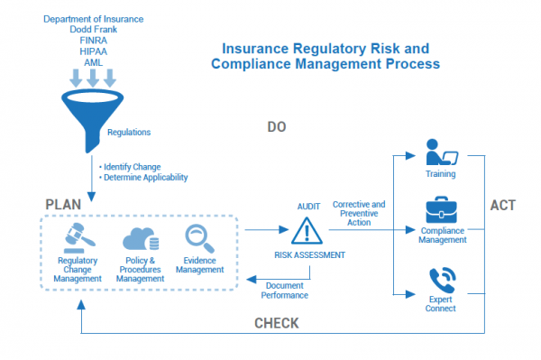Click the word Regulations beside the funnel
point(129,133)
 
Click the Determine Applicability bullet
point(144,178)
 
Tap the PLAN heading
point(63,205)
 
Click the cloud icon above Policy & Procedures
point(140,238)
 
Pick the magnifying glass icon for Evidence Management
point(198,237)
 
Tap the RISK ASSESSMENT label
point(309,255)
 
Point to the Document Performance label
point(285,290)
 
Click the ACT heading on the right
point(502,206)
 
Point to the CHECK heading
point(277,323)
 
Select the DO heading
point(277,127)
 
